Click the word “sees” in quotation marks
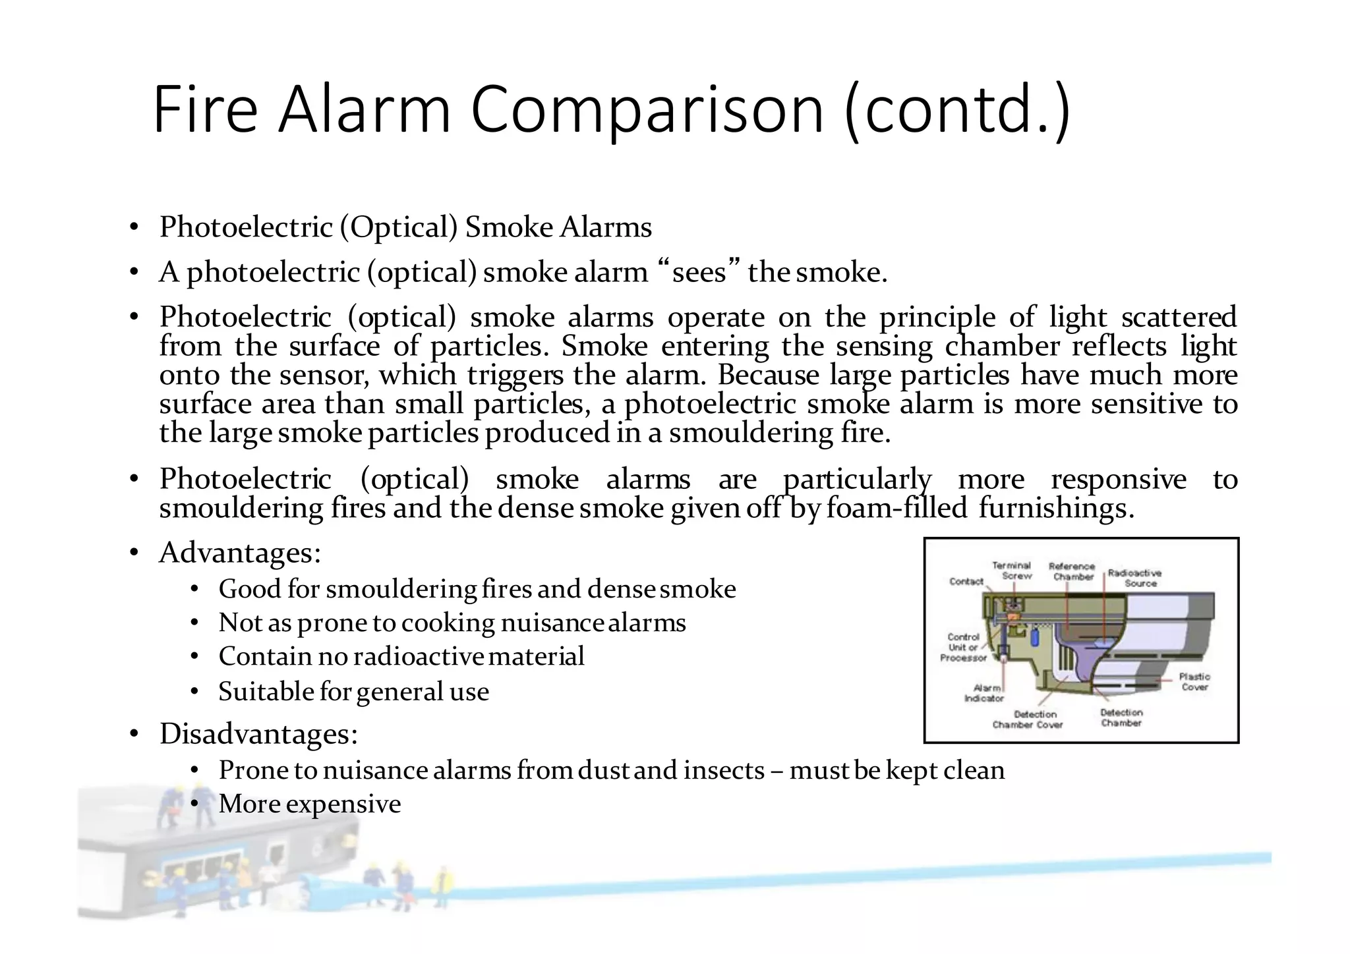click(698, 271)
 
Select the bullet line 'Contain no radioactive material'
click(401, 656)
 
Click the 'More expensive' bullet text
click(309, 804)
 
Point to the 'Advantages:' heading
click(240, 552)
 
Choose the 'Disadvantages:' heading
click(258, 733)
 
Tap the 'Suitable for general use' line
click(353, 691)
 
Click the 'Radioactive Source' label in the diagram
click(1134, 578)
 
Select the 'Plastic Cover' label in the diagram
click(1194, 682)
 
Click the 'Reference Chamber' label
click(1072, 571)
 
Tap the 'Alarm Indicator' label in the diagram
click(984, 693)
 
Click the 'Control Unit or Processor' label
click(963, 647)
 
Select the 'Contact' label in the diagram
click(966, 581)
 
